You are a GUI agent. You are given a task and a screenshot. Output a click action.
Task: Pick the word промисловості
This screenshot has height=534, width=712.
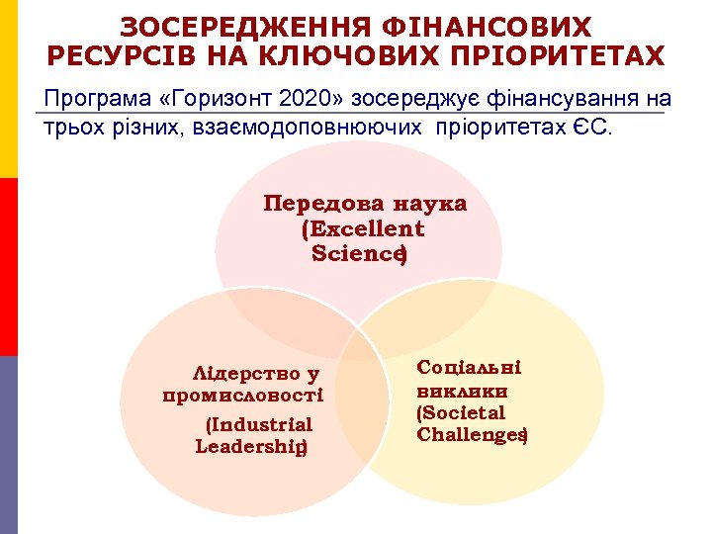click(242, 395)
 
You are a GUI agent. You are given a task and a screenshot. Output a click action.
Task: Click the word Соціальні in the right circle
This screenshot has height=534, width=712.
click(469, 367)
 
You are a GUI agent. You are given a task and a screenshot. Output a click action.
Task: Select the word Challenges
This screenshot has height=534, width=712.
click(469, 434)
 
